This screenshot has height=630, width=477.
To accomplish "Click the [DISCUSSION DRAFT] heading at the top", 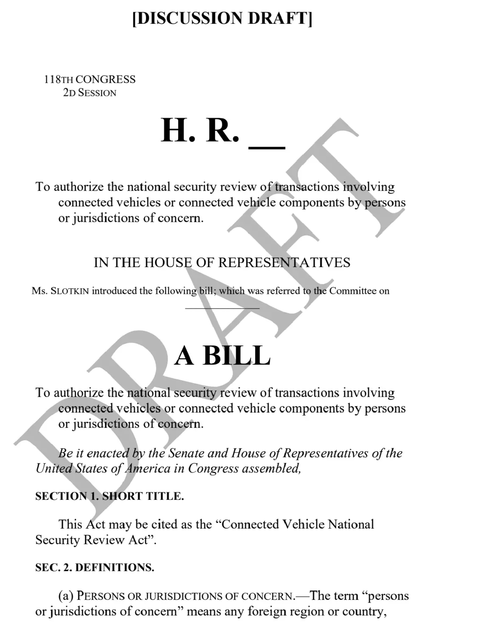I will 222,18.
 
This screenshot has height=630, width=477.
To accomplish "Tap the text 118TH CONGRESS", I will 90,79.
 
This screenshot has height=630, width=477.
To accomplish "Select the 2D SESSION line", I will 89,93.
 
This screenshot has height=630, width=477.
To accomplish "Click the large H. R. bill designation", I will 200,130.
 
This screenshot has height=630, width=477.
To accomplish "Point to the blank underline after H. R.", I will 267,146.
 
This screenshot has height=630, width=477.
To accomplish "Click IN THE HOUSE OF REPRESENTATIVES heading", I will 222,262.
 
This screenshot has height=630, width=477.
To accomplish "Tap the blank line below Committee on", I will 222,308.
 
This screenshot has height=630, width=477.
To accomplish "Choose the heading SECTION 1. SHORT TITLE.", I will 109,496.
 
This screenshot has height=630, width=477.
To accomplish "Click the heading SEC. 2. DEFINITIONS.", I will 95,567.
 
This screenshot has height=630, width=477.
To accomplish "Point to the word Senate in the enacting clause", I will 187,453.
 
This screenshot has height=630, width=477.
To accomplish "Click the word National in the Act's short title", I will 351,524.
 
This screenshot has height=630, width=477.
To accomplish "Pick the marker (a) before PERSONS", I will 66,596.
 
